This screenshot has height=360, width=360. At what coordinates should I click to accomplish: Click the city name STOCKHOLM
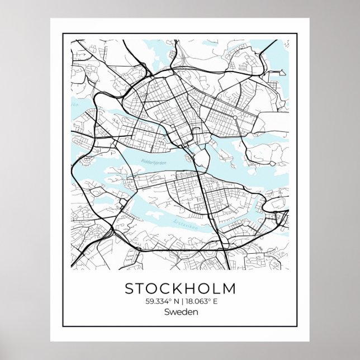coord(179,290)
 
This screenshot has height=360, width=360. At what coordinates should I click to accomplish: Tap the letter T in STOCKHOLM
coord(141,290)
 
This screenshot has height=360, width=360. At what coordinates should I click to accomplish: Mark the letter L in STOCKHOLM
coord(215,290)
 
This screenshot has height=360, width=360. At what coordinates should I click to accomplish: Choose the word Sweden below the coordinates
coord(179,312)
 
